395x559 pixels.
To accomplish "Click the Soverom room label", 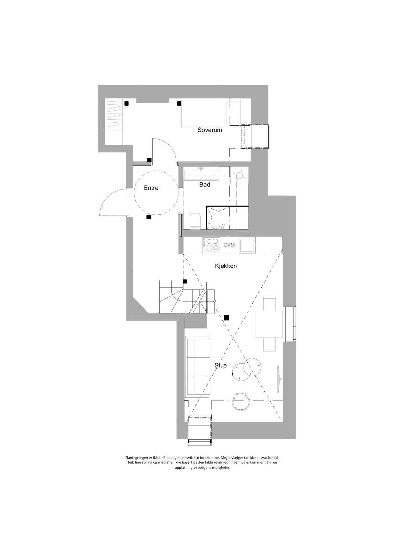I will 210,130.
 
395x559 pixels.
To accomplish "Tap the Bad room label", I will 205,185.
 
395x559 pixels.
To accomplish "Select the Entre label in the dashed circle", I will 151,188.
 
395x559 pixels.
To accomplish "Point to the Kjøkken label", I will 226,266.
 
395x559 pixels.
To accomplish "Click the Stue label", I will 221,365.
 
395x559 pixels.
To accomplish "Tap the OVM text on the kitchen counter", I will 229,245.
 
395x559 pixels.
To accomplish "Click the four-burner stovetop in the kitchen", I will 211,245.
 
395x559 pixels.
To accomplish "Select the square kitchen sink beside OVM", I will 247,245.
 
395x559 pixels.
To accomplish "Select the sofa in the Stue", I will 197,366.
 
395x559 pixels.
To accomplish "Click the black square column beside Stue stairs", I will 226,318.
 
